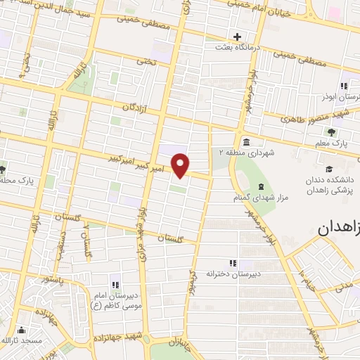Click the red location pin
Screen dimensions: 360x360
pyautogui.click(x=181, y=165)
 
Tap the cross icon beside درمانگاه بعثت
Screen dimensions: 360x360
pyautogui.click(x=238, y=37)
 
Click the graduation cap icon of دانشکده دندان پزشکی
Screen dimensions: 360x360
pyautogui.click(x=329, y=169)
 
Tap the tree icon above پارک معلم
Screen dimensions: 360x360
pyautogui.click(x=331, y=131)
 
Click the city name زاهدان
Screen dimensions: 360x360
pyautogui.click(x=338, y=228)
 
